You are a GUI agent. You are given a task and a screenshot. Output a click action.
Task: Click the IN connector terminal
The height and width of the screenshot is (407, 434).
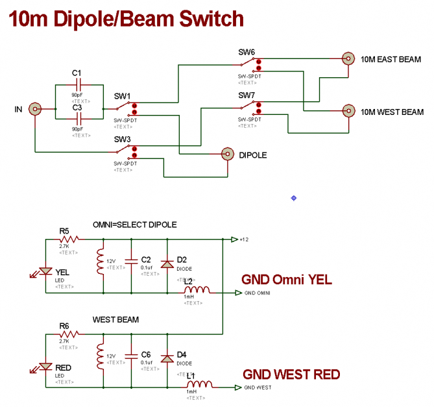pyautogui.click(x=35, y=110)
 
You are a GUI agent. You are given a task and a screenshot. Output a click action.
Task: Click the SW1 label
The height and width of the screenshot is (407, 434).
pyautogui.click(x=122, y=96)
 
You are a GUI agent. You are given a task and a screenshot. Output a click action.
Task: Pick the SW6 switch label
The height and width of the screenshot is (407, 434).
pyautogui.click(x=247, y=52)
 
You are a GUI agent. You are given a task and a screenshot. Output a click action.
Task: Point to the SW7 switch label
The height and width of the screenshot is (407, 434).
pyautogui.click(x=247, y=95)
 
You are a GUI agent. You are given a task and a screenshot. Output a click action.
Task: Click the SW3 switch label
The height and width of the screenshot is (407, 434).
pyautogui.click(x=123, y=140)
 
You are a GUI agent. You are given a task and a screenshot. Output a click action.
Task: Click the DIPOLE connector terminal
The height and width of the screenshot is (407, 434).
pyautogui.click(x=228, y=154)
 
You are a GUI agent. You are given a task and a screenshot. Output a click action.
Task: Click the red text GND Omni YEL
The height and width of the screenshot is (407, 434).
pyautogui.click(x=286, y=280)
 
